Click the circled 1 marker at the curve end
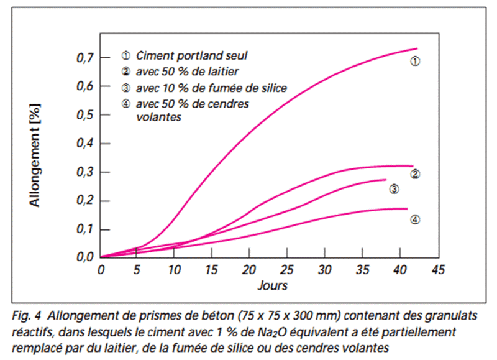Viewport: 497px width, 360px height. (416, 61)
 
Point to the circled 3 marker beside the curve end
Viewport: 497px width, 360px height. (394, 189)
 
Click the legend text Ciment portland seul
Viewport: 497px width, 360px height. (187, 57)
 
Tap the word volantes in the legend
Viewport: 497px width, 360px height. (158, 116)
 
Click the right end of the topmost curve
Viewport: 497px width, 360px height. (416, 48)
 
